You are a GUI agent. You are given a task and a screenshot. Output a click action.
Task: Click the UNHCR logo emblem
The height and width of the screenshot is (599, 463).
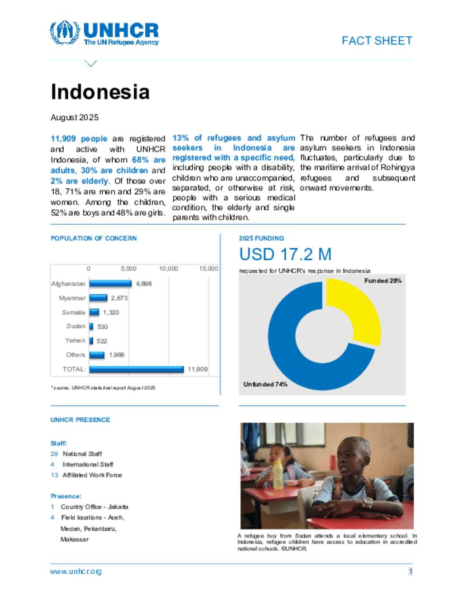point(65,32)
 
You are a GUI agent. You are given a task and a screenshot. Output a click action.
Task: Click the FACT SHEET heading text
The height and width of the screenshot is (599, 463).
point(377,41)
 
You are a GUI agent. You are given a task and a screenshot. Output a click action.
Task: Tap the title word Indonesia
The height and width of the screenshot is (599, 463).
point(100,92)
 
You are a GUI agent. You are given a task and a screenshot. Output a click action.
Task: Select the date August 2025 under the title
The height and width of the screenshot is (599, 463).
point(75,118)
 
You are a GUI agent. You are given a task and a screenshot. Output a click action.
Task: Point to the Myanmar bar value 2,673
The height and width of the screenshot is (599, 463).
point(119,298)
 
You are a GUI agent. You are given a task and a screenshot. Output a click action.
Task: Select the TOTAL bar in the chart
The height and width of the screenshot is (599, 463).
point(136,369)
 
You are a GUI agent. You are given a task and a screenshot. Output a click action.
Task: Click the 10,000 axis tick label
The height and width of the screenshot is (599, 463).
point(168,269)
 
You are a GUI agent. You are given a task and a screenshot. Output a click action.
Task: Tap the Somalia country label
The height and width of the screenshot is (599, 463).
point(73,312)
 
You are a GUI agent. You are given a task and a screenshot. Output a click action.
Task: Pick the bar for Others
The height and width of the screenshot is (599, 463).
point(97,355)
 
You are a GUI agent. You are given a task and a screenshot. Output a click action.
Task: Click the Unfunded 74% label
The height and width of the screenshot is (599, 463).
point(265,384)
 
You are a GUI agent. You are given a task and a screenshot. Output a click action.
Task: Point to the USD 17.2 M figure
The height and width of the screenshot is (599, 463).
point(285,255)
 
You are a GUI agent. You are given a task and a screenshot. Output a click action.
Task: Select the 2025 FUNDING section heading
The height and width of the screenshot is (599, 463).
point(261,238)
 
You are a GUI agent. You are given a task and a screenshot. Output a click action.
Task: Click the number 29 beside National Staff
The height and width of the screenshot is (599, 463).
point(54,454)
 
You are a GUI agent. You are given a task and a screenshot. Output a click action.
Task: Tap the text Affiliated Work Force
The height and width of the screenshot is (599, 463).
point(92,475)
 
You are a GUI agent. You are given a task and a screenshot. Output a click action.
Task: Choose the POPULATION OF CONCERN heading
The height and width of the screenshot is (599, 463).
point(94,238)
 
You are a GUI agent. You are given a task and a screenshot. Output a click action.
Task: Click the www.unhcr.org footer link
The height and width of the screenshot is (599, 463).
point(76,571)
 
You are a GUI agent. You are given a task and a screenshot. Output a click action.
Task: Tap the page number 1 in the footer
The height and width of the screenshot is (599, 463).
point(411,571)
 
